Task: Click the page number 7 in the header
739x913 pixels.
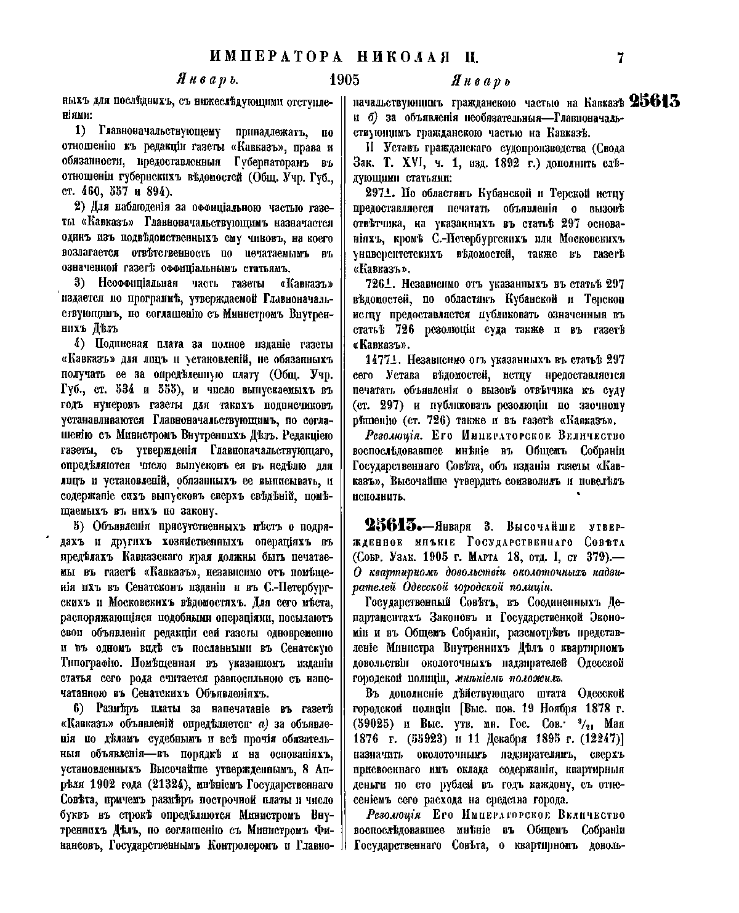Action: [620, 58]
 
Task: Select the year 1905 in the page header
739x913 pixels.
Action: [344, 81]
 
